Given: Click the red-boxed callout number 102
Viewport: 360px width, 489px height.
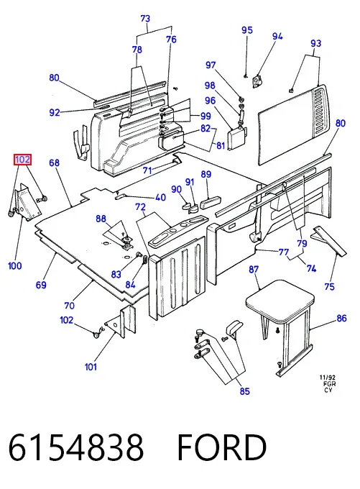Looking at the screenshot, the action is click(x=23, y=160).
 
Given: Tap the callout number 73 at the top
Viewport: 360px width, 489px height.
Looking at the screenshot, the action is click(x=145, y=19).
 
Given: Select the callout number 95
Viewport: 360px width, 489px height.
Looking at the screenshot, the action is click(x=247, y=30).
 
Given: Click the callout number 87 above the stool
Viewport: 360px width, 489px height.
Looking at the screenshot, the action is click(x=254, y=269).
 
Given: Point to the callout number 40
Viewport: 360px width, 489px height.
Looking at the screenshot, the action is click(x=160, y=197).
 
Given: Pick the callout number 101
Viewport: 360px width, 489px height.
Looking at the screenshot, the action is click(x=91, y=367).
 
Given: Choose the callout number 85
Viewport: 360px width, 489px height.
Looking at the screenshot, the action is click(x=245, y=390).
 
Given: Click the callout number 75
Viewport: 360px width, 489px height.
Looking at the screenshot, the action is click(x=329, y=287).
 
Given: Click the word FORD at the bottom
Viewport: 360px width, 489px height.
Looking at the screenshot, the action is click(x=221, y=447).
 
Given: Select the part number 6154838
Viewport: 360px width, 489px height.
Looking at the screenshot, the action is click(x=75, y=447).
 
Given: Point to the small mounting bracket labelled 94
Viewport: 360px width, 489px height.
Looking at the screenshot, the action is click(x=257, y=81).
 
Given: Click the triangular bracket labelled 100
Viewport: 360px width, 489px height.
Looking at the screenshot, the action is click(x=27, y=203).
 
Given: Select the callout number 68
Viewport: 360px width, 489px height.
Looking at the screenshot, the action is click(x=54, y=163).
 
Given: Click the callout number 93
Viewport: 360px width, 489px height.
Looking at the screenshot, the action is click(x=315, y=43).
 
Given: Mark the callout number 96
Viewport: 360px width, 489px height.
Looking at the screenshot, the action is click(x=210, y=101).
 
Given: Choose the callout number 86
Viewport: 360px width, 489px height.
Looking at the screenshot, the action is click(x=341, y=318).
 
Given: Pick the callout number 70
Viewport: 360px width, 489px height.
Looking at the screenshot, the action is click(x=69, y=306).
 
